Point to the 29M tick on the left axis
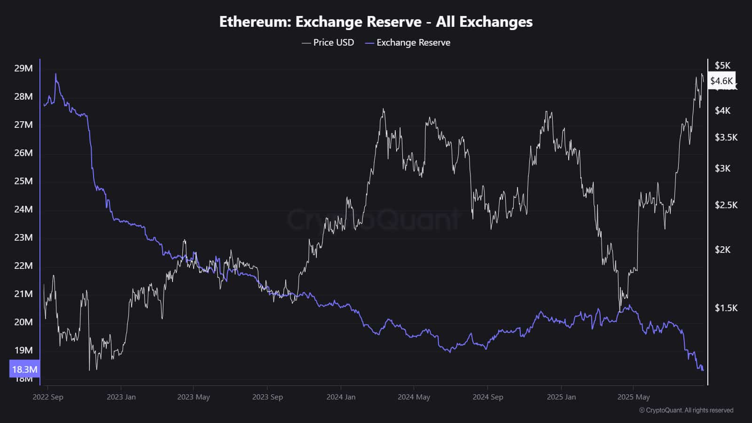click(x=23, y=68)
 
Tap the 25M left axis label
click(x=23, y=181)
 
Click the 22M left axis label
click(x=23, y=266)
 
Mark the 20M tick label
click(x=23, y=322)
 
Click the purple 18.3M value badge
click(x=24, y=369)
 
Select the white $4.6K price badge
click(x=721, y=81)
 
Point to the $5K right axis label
click(x=722, y=65)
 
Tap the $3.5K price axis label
click(x=726, y=137)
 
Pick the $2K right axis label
click(x=722, y=250)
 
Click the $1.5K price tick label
click(x=726, y=308)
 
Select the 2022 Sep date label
click(x=47, y=397)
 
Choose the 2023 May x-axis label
click(x=193, y=397)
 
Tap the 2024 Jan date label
click(x=341, y=397)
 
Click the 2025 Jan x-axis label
click(x=561, y=397)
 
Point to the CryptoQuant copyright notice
click(x=686, y=410)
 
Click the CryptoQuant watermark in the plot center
click(x=374, y=219)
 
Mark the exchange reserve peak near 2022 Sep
click(x=55, y=74)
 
